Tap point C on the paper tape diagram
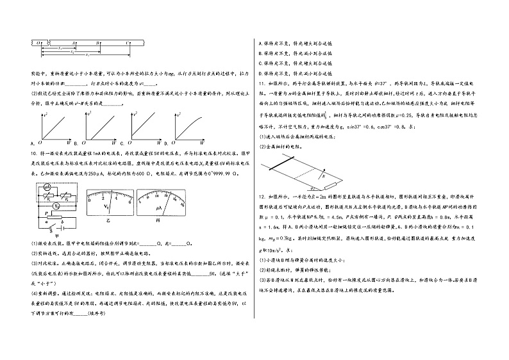pyautogui.click(x=129, y=41)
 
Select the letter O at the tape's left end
pyautogui.click(x=39, y=41)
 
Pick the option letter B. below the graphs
pyautogui.click(x=75, y=141)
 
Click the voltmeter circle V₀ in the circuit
pyautogui.click(x=57, y=206)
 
